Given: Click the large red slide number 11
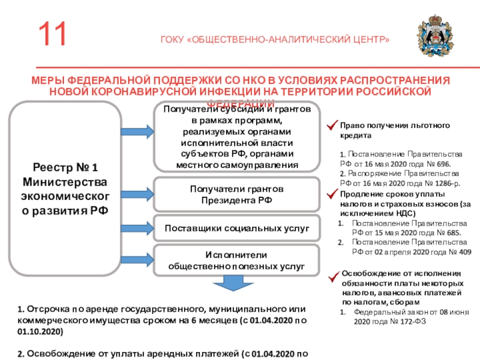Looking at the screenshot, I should point(55,34).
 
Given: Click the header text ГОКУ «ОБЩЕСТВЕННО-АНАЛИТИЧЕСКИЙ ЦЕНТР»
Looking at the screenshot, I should point(275,40).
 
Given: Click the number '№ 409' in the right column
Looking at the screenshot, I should point(460,252).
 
